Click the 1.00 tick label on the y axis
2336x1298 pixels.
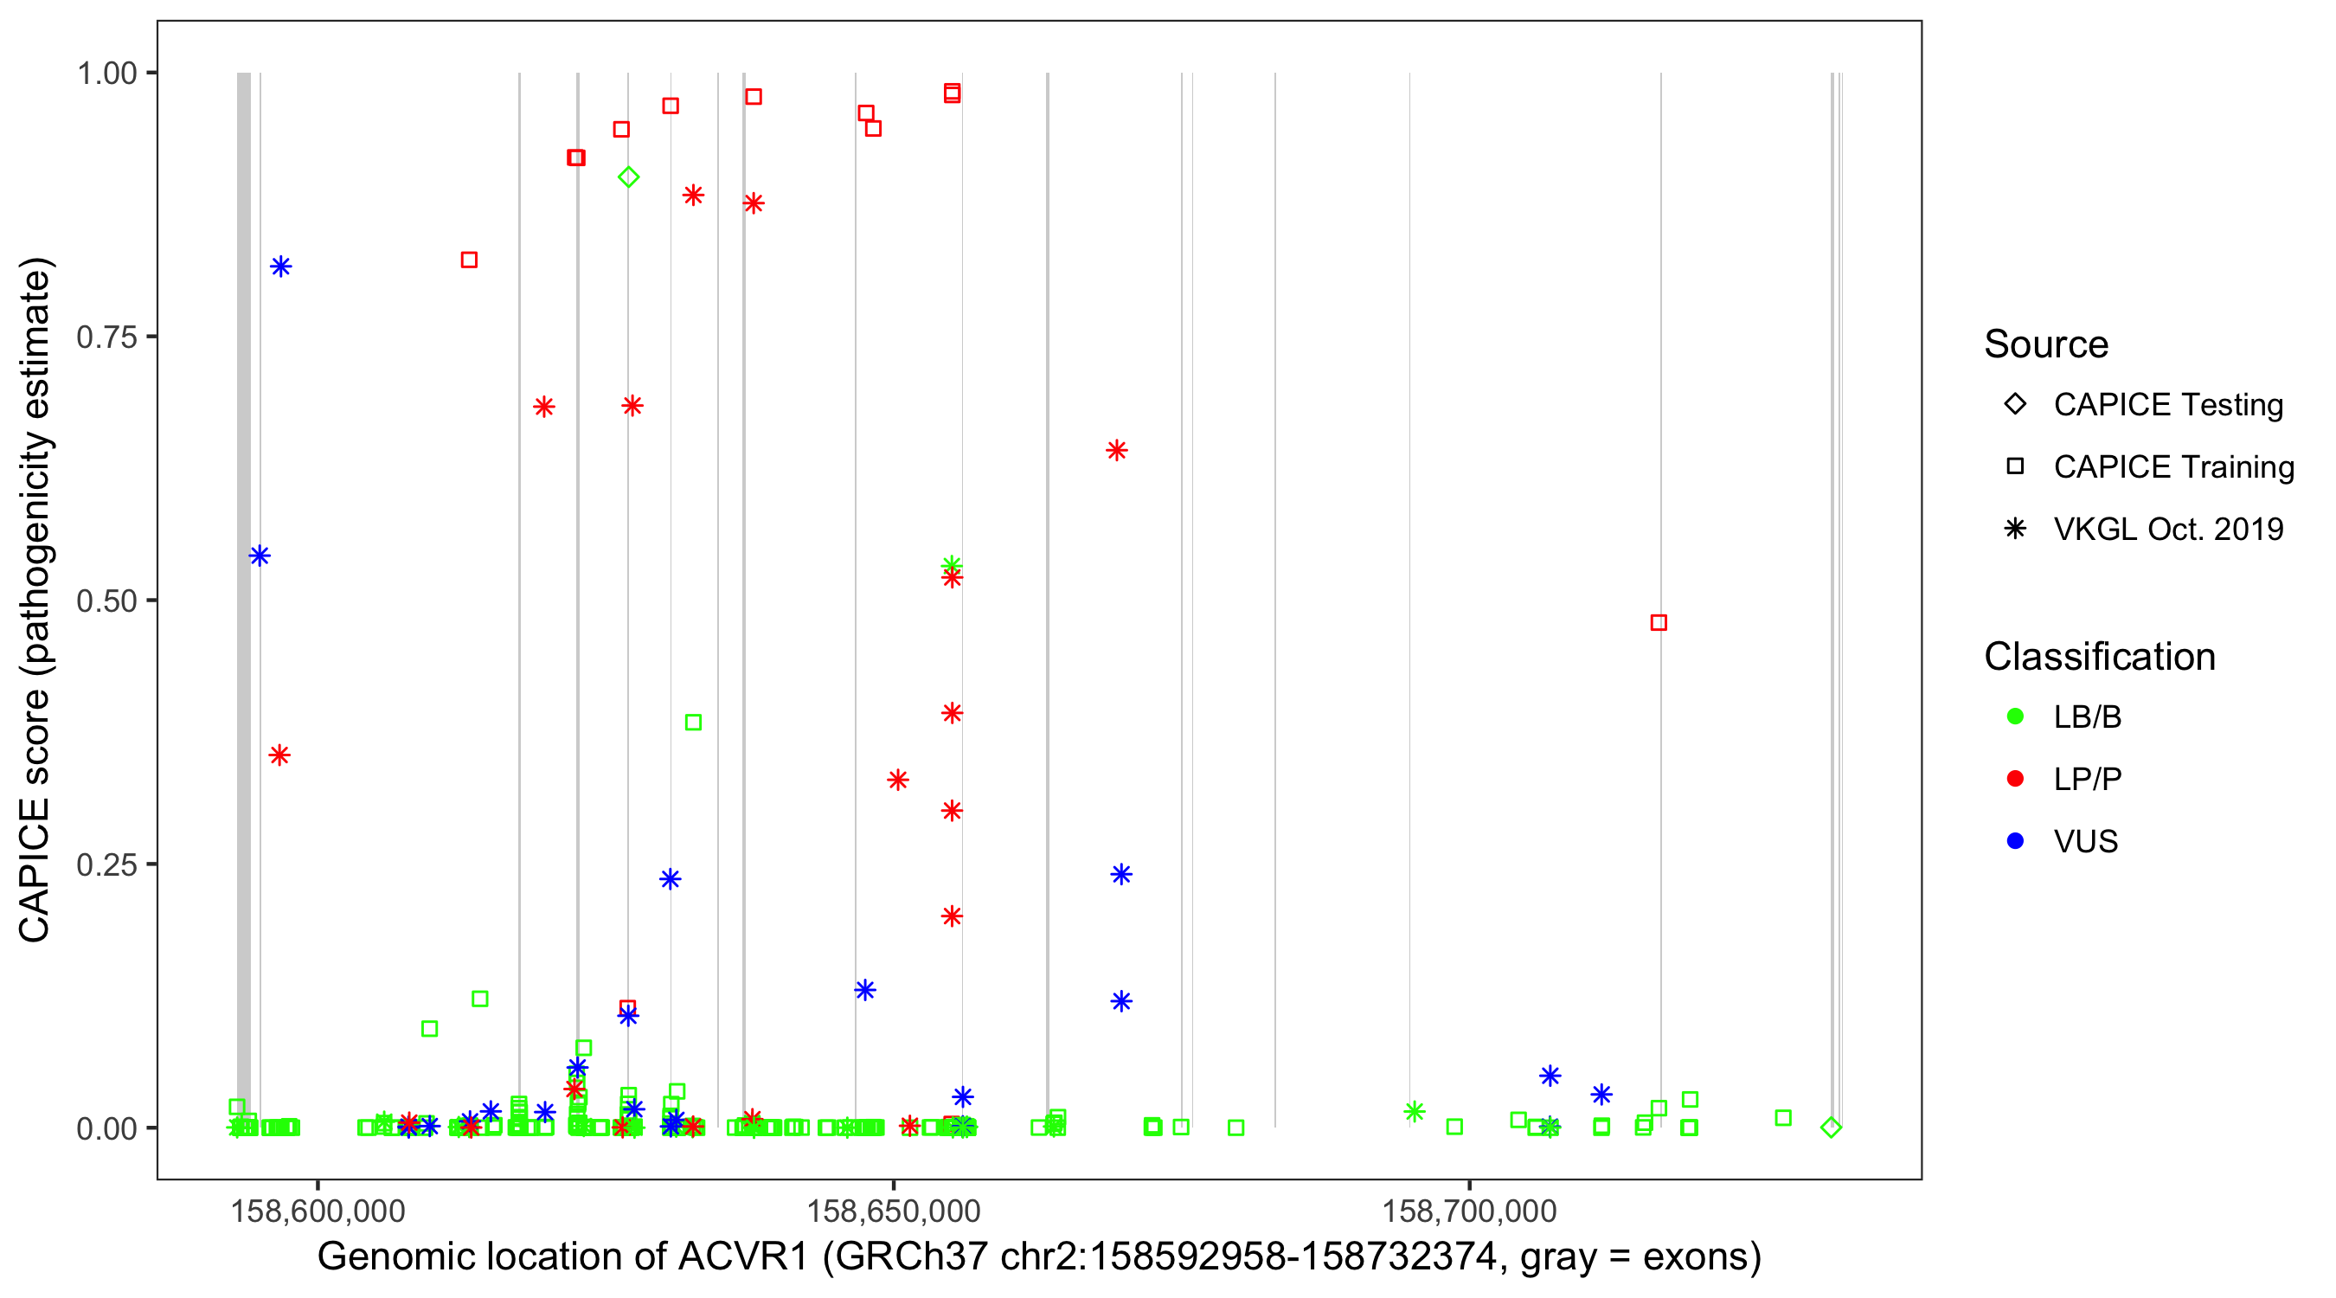click(106, 73)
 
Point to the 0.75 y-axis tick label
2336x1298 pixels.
click(106, 337)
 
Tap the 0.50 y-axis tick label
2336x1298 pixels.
click(106, 601)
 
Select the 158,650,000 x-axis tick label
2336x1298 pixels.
click(893, 1211)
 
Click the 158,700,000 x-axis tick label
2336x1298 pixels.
click(1469, 1211)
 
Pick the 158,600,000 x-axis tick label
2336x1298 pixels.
click(318, 1211)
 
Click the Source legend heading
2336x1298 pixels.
click(2046, 344)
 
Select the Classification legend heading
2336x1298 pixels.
click(2099, 657)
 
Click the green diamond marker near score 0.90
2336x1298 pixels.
click(628, 177)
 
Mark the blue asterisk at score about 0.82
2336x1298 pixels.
click(281, 267)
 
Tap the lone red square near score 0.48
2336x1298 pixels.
click(1659, 622)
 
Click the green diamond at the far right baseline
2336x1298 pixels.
click(1831, 1128)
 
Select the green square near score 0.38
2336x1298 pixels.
click(694, 723)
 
